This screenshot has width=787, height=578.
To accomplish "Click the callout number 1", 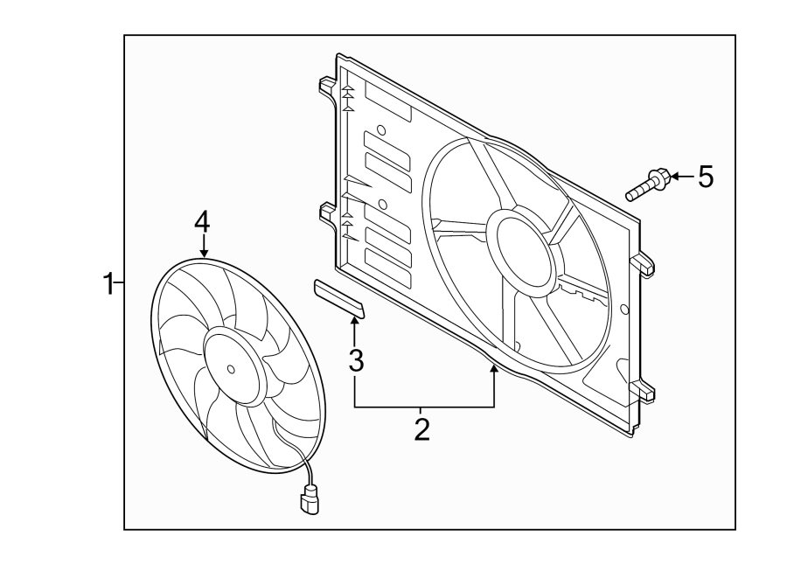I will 108,283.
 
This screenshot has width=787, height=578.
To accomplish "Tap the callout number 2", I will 421,429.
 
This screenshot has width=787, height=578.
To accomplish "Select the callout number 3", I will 355,359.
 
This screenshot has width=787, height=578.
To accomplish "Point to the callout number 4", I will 202,222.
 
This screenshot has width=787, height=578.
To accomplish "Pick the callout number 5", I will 705,178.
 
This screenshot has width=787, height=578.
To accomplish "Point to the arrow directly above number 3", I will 355,330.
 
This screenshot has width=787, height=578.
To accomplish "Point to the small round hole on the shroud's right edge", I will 623,309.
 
